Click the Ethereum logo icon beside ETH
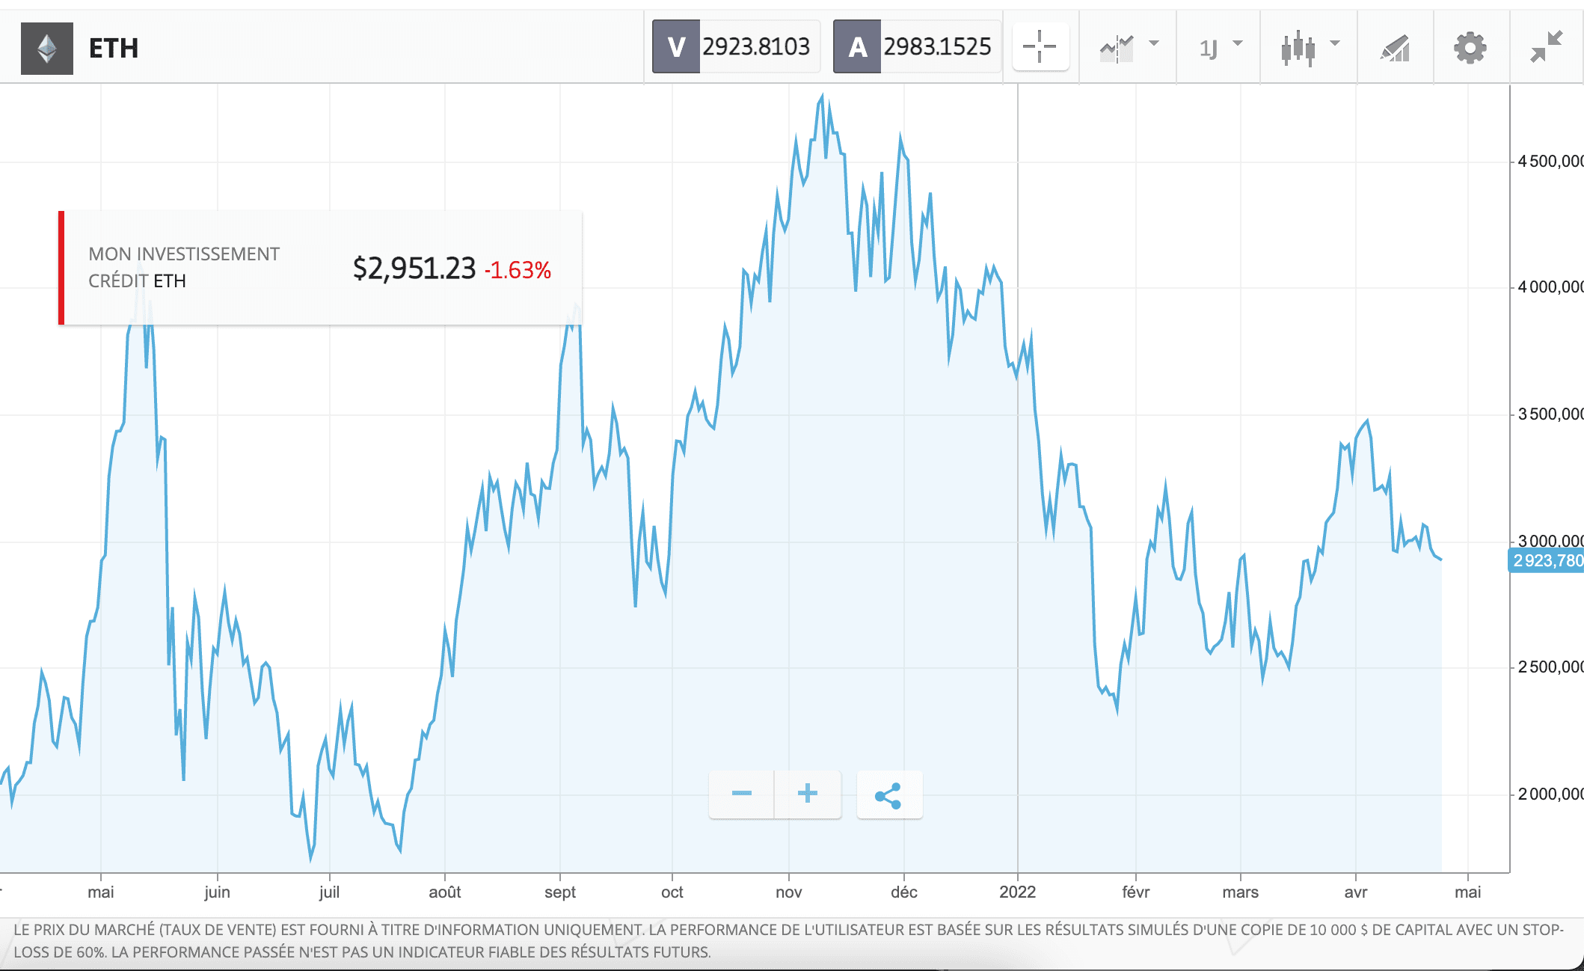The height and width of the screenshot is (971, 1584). pos(47,49)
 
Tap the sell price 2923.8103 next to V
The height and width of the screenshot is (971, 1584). pos(755,47)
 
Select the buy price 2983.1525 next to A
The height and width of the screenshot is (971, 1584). pos(936,47)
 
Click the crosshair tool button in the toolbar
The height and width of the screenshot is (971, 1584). pos(1040,47)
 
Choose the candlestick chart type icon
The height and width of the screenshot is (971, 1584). pos(1298,49)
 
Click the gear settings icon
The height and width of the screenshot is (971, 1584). pos(1470,49)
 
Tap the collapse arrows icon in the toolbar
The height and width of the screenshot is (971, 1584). pos(1546,47)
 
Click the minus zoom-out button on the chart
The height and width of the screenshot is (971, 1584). pos(741,794)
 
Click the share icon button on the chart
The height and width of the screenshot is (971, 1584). pos(888,795)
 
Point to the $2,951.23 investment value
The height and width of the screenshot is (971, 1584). pos(414,269)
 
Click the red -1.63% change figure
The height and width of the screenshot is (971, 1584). pos(518,270)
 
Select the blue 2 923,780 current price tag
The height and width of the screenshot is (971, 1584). pos(1546,560)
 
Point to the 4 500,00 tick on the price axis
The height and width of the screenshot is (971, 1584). pos(1549,162)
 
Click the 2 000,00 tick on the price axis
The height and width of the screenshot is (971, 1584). pos(1549,794)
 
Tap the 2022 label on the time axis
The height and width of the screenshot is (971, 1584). pos(1017,892)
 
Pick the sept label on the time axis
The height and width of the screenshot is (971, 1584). pos(559,892)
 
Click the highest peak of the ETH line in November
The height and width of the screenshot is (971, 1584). pos(822,97)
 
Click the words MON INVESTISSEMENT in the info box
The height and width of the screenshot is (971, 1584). pos(184,254)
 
